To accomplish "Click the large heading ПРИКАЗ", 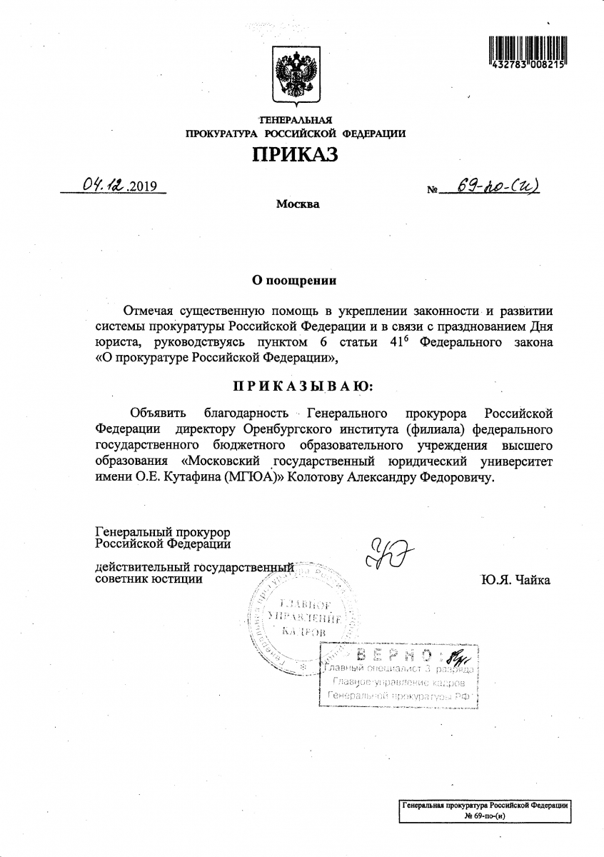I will (295, 154).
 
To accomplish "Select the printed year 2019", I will (144, 189).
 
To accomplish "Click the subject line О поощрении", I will (296, 281).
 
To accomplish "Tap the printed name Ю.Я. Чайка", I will (515, 579).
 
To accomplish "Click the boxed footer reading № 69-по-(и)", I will (485, 815).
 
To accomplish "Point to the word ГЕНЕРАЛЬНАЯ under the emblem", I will (296, 120).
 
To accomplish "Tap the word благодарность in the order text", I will (246, 414).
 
